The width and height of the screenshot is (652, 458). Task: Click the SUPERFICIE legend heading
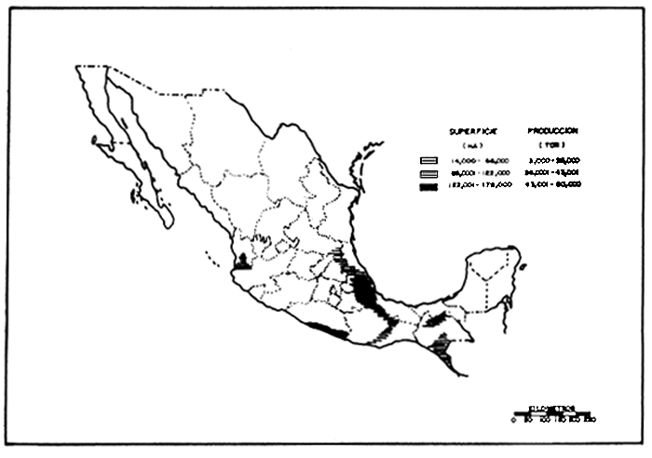(469, 131)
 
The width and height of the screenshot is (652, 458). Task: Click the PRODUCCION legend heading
(552, 131)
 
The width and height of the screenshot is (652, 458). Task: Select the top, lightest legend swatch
(428, 160)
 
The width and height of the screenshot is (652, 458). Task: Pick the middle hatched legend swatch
(428, 173)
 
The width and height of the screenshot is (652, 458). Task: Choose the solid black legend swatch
(428, 186)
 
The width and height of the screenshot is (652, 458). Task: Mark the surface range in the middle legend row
(481, 173)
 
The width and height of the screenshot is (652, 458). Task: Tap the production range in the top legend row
(558, 160)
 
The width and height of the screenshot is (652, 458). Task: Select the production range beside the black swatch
(558, 186)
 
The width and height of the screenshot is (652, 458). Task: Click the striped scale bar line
(553, 414)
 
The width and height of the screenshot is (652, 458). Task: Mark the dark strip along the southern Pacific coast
(327, 328)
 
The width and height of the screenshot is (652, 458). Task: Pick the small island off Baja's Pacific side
(95, 141)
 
